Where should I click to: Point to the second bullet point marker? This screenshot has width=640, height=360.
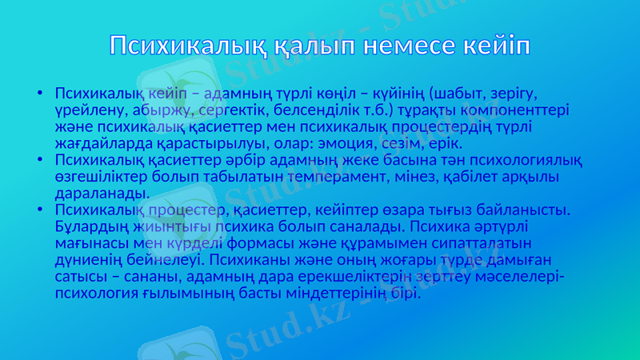point(40,161)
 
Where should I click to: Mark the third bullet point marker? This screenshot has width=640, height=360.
point(40,210)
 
